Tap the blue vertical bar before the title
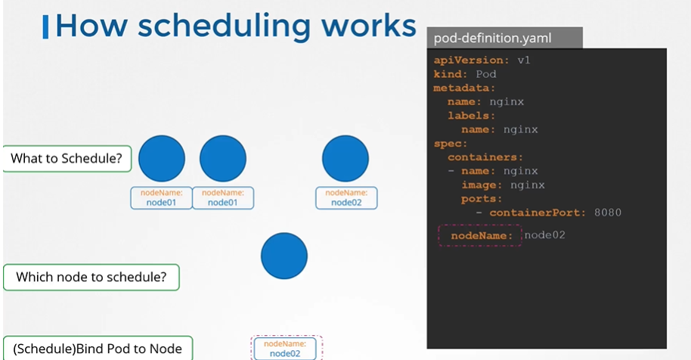tap(45, 27)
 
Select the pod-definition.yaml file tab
tap(504, 38)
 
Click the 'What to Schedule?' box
tap(67, 159)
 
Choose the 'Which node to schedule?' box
tap(91, 277)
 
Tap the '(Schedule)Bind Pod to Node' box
tap(98, 349)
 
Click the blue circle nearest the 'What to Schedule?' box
tap(162, 159)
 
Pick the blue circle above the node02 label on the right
tap(345, 159)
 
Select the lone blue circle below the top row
tap(284, 256)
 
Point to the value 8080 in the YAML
tap(608, 213)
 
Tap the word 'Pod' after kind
tap(486, 74)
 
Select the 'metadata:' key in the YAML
tap(464, 88)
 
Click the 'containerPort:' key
tap(538, 213)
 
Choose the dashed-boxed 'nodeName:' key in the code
tap(482, 236)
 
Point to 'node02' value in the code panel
tap(544, 235)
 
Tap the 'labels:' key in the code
tap(472, 116)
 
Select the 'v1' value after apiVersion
tap(524, 60)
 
